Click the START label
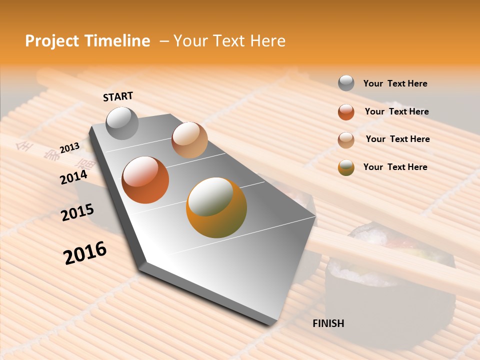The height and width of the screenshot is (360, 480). (x=118, y=96)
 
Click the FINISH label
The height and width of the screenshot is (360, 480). (x=328, y=323)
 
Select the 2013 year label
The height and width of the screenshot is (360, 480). (x=69, y=147)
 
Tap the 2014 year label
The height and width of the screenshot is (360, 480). (x=73, y=177)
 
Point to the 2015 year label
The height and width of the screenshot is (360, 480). (x=77, y=212)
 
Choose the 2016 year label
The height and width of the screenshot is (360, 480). (x=85, y=253)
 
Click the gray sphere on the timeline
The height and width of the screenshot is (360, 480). (x=122, y=123)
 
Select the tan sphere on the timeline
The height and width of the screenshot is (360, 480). (x=189, y=139)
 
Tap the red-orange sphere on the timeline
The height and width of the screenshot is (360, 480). (x=145, y=179)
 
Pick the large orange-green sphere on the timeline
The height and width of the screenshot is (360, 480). (x=216, y=207)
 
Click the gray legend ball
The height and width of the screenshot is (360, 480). (x=346, y=83)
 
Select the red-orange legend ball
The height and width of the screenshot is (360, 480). (x=346, y=112)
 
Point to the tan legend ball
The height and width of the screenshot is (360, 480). (x=346, y=140)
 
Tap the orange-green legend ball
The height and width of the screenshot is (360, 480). (x=346, y=167)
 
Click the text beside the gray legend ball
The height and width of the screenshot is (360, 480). (x=395, y=83)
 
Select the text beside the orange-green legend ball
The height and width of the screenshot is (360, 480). (x=395, y=167)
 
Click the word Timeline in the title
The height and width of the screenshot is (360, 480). (x=117, y=41)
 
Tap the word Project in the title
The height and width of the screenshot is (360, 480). (x=52, y=41)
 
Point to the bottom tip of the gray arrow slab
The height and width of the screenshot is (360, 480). (x=272, y=322)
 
